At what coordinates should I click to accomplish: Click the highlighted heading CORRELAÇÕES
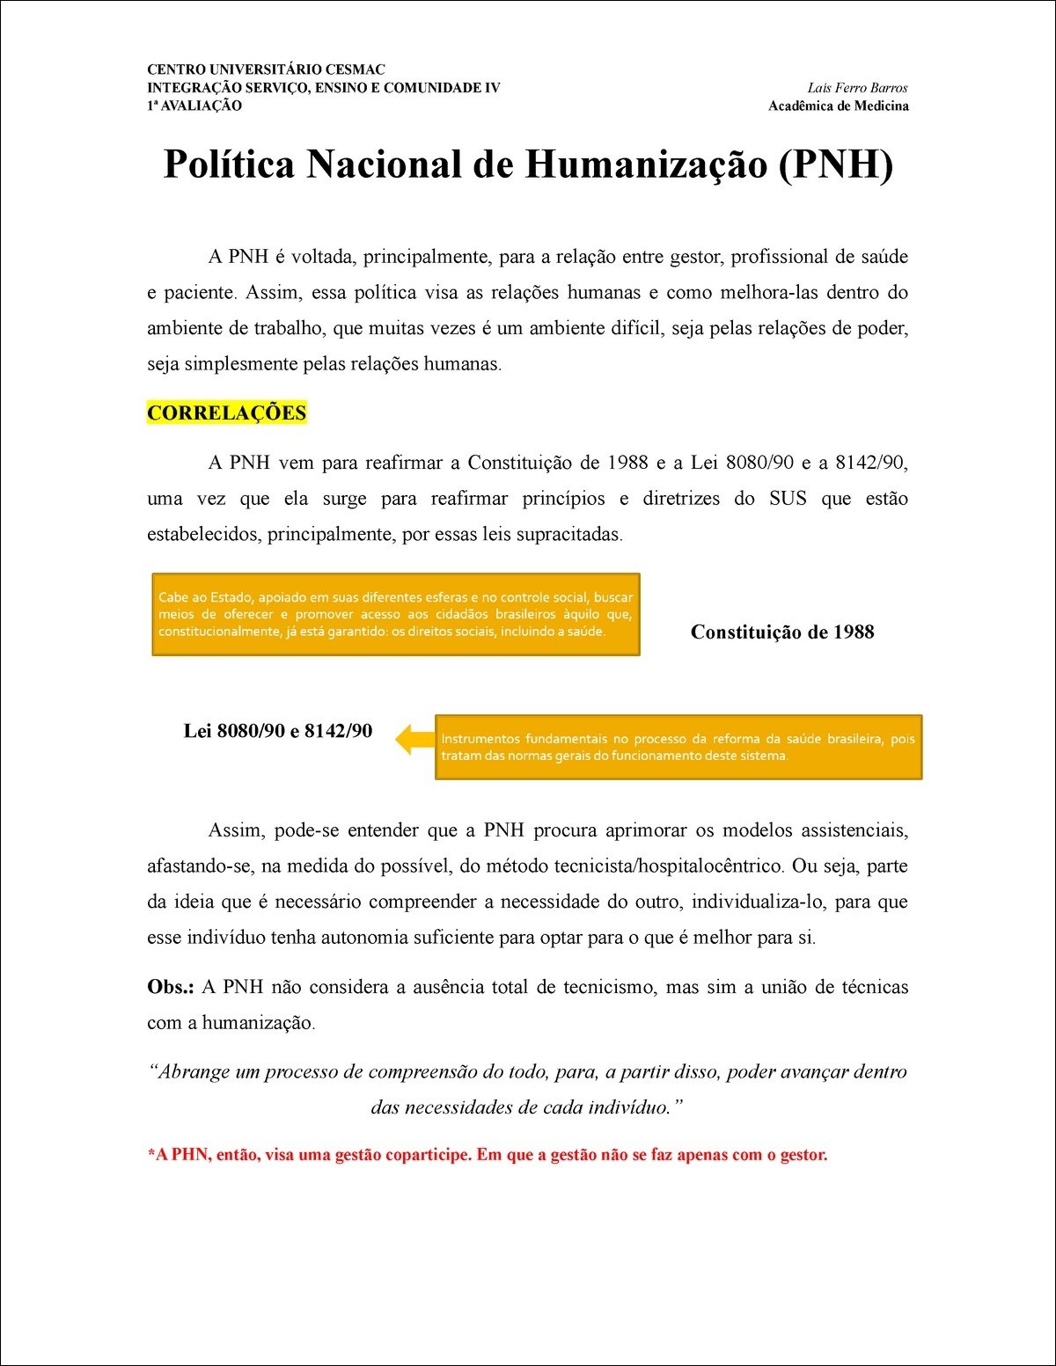click(x=226, y=413)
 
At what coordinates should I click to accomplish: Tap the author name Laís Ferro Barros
click(x=857, y=88)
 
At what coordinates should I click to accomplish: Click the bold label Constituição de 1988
click(x=782, y=632)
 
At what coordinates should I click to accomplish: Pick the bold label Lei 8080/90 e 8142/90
click(x=277, y=731)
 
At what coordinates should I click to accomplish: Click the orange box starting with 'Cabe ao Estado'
click(x=395, y=615)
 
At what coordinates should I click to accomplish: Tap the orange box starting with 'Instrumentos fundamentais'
click(x=678, y=747)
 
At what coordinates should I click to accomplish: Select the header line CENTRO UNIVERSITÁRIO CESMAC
click(x=266, y=69)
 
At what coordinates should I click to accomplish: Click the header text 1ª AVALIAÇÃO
click(x=194, y=106)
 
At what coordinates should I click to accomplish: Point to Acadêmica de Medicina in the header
click(x=838, y=106)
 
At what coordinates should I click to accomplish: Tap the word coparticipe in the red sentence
click(x=426, y=1155)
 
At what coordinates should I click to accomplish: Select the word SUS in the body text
click(x=788, y=499)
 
